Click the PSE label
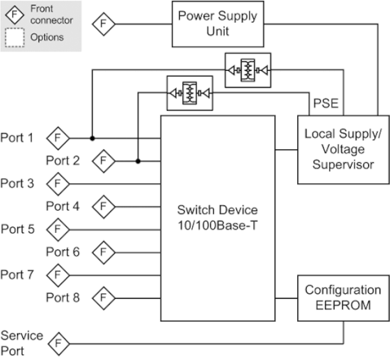tap(326, 103)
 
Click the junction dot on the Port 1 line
tap(92, 138)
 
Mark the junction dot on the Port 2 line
tap(138, 161)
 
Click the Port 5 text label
tap(18, 230)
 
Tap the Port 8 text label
tap(63, 298)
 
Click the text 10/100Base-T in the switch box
tap(217, 226)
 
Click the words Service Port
tap(22, 344)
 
